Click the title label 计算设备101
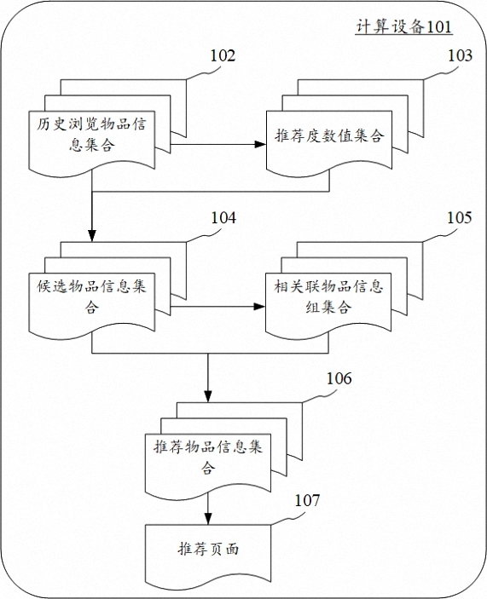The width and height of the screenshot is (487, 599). (404, 26)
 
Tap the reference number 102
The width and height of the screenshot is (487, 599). (223, 55)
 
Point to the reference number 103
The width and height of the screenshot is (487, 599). (460, 55)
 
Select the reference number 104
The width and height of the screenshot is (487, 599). (223, 218)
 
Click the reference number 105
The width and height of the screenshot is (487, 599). (460, 218)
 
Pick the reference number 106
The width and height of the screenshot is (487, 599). (339, 378)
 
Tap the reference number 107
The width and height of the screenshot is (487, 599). (307, 500)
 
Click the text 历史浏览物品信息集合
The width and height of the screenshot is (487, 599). (92, 135)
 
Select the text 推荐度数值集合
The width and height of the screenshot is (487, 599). (329, 135)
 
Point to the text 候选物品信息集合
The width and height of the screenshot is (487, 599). (92, 297)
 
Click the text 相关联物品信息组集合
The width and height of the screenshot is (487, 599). (328, 297)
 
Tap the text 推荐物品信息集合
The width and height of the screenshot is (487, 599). (208, 457)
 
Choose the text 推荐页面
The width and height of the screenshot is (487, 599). (208, 550)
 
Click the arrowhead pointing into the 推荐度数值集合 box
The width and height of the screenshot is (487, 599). (261, 144)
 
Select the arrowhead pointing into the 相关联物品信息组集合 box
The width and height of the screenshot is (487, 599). (260, 307)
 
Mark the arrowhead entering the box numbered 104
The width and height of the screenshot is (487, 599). (92, 236)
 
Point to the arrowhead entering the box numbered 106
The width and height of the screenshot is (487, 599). (208, 396)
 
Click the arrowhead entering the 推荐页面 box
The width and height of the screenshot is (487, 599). (208, 518)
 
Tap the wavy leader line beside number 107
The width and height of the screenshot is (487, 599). (287, 518)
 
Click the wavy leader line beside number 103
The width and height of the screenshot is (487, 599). (441, 74)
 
